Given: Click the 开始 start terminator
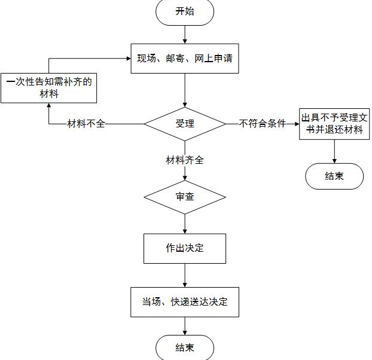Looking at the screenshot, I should coord(185,12).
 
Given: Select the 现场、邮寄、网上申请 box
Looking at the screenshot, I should coord(185,59).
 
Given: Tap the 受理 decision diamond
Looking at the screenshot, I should coord(185,124).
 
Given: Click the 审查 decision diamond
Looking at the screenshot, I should coord(185,196).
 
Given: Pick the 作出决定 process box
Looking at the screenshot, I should coord(185,248).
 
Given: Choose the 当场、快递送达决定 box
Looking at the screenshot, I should coord(185,302).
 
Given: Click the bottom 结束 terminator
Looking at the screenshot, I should coord(185,347).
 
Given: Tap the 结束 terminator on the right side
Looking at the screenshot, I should coord(334,176).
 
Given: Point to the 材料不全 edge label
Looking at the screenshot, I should coord(86,124).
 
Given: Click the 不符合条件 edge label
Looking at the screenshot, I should coord(263,124).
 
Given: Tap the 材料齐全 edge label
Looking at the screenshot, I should coord(185,160).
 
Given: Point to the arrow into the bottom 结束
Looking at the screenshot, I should coord(185,326).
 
